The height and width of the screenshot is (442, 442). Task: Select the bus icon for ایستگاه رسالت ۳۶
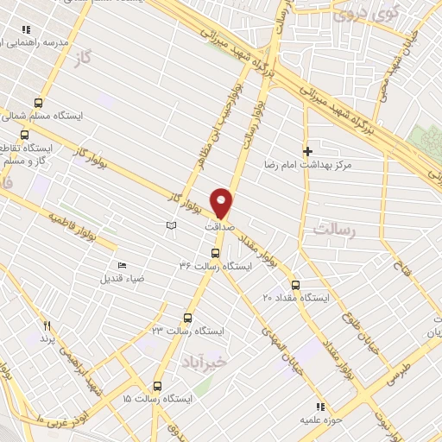tap(215, 253)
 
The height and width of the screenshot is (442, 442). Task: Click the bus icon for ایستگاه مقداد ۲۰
tap(295, 284)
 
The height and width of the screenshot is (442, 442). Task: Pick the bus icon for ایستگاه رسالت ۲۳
tap(188, 318)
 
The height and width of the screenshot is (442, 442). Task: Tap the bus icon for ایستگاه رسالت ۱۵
tap(157, 386)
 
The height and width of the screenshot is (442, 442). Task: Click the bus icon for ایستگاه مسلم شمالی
tap(38, 102)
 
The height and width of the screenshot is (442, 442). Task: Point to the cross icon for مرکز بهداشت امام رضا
tap(307, 151)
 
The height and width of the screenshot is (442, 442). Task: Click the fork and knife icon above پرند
tap(47, 326)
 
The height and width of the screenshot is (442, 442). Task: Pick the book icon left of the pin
tap(171, 225)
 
